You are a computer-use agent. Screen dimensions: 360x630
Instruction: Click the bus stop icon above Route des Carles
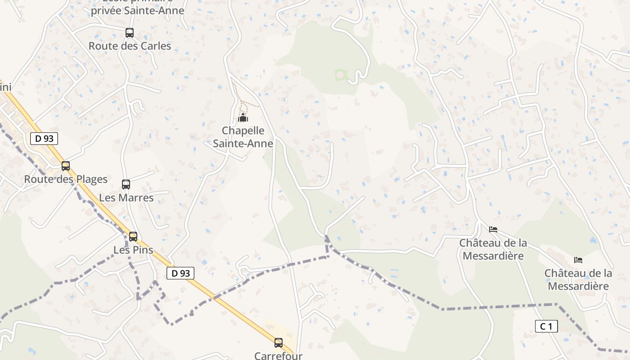(130, 33)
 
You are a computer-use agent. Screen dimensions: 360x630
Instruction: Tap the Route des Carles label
(130, 46)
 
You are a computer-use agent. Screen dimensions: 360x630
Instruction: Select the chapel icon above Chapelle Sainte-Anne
(243, 118)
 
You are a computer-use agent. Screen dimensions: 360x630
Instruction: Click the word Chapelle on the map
(243, 130)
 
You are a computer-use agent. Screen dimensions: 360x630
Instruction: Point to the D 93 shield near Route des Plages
(44, 139)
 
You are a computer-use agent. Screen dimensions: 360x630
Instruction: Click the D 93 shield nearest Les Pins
(180, 273)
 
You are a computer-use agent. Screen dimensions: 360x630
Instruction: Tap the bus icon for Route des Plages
(66, 166)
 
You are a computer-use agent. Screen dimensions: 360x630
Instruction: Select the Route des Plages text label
(66, 179)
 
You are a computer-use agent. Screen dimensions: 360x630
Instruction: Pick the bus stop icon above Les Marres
(126, 184)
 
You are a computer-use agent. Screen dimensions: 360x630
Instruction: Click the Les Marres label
(126, 198)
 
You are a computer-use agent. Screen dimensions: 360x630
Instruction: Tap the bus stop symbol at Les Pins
(133, 237)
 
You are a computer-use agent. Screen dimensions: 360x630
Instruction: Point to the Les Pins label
(133, 250)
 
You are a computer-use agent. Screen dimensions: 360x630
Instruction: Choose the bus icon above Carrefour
(279, 343)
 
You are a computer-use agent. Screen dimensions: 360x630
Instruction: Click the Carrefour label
(278, 355)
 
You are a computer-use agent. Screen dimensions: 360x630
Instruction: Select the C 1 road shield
(546, 326)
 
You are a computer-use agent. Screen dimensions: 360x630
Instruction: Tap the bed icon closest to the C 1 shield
(578, 260)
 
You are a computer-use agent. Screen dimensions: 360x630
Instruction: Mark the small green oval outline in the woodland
(341, 75)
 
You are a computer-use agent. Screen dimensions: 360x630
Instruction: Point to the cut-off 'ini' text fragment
(5, 87)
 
